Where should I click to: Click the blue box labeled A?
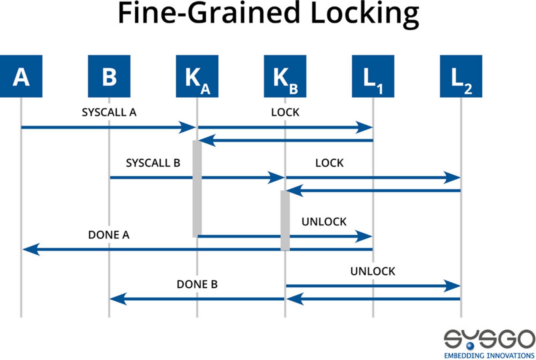point(21,76)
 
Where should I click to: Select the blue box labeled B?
point(109,76)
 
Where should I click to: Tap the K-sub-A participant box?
point(197,76)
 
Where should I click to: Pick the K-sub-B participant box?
point(285,76)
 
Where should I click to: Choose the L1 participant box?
point(373,76)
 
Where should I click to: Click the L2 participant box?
point(461,76)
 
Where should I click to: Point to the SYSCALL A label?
point(109,112)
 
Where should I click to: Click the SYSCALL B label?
point(153,163)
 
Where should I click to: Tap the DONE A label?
point(109,235)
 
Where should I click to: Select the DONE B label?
point(197,284)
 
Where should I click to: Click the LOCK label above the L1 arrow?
point(285,112)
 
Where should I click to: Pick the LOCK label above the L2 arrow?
point(329,163)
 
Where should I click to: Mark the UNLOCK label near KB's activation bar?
point(324,222)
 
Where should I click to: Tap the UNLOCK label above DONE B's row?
point(373,271)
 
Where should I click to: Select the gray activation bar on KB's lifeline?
point(285,220)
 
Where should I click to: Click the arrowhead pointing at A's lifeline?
point(30,249)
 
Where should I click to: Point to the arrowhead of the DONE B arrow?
point(118,299)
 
